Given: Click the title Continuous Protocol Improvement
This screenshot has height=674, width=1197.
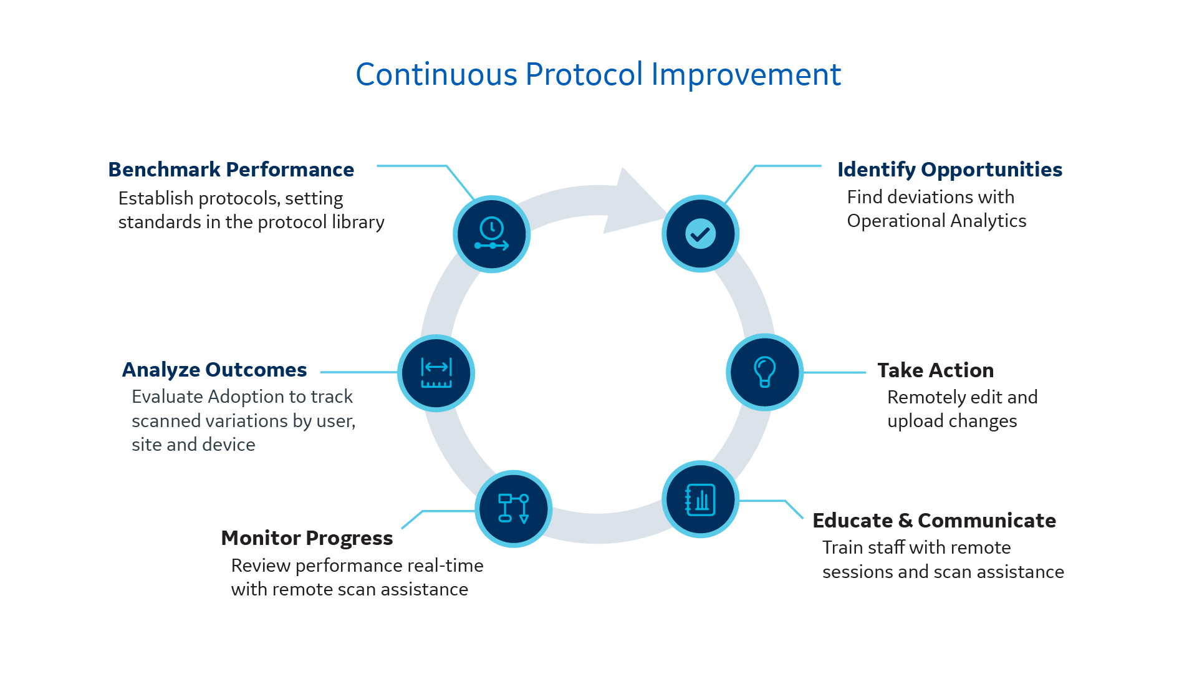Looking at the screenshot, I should [x=598, y=74].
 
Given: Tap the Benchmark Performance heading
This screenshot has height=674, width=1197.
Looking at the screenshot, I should [x=231, y=170].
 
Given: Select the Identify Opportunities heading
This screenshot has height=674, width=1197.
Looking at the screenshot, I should [x=949, y=170].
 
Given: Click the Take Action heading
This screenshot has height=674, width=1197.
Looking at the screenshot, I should [x=935, y=370].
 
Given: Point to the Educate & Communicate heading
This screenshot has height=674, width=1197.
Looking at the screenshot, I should [x=934, y=521].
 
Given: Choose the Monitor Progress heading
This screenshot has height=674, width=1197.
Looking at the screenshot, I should [x=307, y=538].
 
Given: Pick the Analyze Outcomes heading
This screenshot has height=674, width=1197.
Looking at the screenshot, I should [x=214, y=370].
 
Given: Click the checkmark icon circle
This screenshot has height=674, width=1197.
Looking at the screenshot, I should [x=700, y=234].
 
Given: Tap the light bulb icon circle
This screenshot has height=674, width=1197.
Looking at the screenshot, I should [x=764, y=372].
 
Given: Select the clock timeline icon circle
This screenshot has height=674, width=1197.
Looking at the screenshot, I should [x=491, y=234].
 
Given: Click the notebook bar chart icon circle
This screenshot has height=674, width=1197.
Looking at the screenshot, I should [x=700, y=499].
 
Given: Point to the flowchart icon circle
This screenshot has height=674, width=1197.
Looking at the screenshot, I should [x=514, y=509].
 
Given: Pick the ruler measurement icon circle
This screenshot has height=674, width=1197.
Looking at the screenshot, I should [x=436, y=373].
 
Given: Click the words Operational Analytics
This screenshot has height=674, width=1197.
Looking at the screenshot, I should [x=936, y=221].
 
